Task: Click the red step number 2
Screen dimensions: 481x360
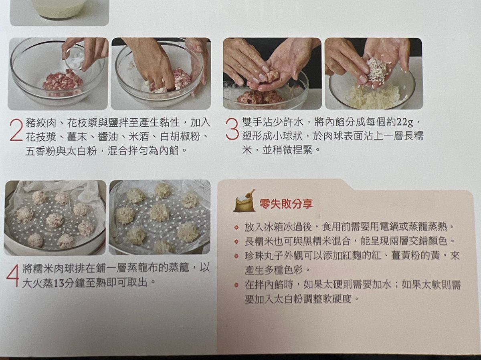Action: [16, 130]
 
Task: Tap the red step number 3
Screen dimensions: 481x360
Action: [232, 129]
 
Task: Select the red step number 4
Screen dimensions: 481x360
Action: [13, 276]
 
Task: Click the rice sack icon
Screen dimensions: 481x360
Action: [245, 201]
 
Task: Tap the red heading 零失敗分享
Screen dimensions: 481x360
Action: [286, 204]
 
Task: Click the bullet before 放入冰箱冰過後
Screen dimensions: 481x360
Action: [236, 227]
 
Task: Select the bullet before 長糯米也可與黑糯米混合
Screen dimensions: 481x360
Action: [236, 242]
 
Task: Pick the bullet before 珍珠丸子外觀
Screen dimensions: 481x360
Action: [236, 256]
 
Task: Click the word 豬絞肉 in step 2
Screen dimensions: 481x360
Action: [41, 123]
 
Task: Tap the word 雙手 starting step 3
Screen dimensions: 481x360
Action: [252, 122]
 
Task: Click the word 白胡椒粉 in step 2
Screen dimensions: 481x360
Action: [180, 137]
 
